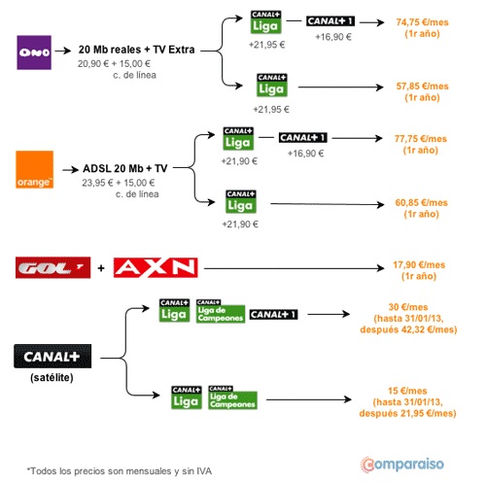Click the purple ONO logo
34,52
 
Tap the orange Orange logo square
35,169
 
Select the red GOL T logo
53,268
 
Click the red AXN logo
156,268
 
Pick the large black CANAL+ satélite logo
52,357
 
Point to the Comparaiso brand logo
402,465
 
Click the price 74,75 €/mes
422,22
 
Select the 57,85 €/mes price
422,86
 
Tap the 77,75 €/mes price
421,139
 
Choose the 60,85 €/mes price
421,203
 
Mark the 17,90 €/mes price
419,265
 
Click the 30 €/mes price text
408,307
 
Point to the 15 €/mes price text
407,391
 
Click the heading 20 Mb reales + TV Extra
136,50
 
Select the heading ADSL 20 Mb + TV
125,168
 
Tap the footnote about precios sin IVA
120,471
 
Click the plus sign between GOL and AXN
101,268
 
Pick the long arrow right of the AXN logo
295,268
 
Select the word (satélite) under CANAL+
52,377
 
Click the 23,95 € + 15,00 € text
119,183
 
